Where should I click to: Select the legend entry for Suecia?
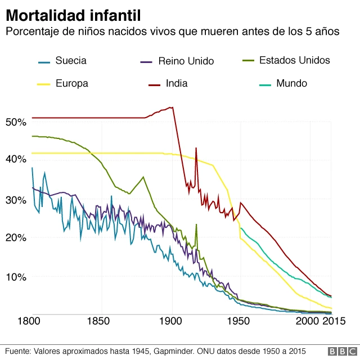tap(71, 61)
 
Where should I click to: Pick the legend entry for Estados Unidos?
tap(294, 60)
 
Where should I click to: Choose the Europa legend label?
tap(71, 84)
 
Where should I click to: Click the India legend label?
tap(177, 84)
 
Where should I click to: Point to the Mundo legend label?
tap(291, 83)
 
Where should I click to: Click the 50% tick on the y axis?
tap(15, 122)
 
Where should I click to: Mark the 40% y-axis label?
tap(15, 160)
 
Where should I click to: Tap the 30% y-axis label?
tap(15, 200)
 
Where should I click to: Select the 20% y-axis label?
tap(15, 237)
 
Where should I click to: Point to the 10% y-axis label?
tap(15, 277)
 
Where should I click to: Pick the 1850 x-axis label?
tap(102, 322)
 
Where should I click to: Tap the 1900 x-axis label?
tap(172, 322)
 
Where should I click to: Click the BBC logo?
tap(341, 352)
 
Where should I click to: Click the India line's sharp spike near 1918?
tap(196, 149)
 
